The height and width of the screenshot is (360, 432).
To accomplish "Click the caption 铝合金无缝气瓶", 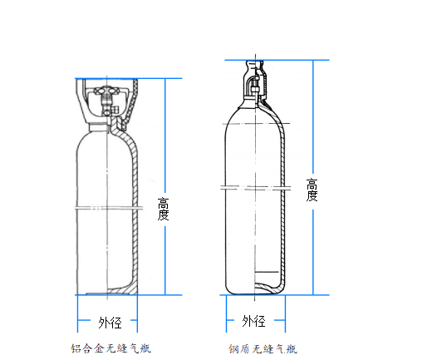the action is click(110, 348).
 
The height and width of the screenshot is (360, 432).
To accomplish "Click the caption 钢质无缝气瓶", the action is click(263, 348).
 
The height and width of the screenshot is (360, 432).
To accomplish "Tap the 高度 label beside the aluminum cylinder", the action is click(163, 209).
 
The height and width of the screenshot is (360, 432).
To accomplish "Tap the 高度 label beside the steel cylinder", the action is click(312, 190).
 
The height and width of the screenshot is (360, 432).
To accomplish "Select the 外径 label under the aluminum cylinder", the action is click(110, 323).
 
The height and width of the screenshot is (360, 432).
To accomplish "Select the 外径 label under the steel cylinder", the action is click(253, 321).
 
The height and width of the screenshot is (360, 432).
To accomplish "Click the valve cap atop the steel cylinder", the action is click(255, 80).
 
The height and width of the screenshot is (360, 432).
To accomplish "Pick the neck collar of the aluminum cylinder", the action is click(98, 127).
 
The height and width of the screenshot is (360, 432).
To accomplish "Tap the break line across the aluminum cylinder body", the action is click(110, 208).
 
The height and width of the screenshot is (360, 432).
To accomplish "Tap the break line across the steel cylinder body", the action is click(256, 188).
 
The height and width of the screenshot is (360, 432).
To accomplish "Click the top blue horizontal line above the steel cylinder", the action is click(277, 60).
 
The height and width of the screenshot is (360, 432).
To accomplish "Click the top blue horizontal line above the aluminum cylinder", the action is click(129, 78).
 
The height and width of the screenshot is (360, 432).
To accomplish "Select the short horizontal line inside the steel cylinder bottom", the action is click(267, 272).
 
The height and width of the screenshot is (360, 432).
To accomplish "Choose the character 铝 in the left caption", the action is click(76, 348).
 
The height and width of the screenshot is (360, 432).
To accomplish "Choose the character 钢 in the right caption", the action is click(233, 348).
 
